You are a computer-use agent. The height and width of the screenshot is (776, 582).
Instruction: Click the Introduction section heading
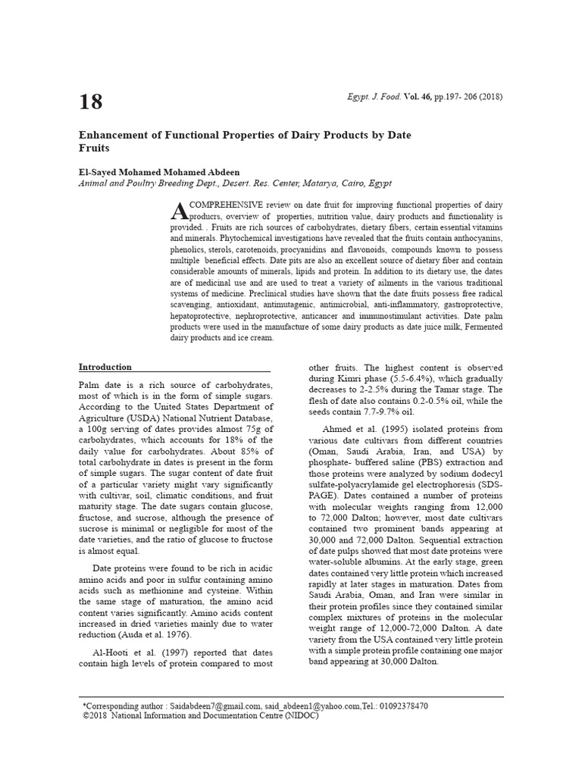click(105, 367)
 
